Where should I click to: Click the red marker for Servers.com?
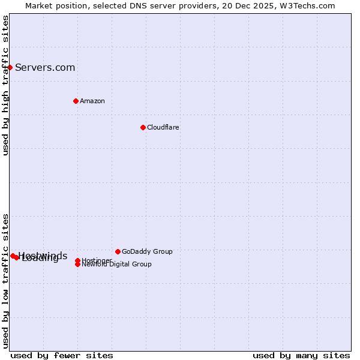click(10, 67)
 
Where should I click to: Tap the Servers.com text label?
click(45, 67)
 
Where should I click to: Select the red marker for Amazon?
click(76, 101)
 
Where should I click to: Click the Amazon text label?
click(92, 101)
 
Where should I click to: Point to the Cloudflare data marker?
click(143, 127)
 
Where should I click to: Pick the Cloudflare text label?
click(163, 127)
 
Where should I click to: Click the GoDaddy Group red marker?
click(118, 251)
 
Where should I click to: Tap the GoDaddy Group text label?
click(147, 251)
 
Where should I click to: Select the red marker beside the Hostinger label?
click(78, 260)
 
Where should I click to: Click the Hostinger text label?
click(97, 260)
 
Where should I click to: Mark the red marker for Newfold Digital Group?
click(78, 264)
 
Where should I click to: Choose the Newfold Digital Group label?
click(117, 265)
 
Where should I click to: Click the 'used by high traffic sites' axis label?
click(6, 85)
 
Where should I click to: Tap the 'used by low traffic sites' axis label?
click(6, 281)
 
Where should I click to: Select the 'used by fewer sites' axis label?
click(62, 355)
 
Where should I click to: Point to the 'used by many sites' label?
click(301, 355)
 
